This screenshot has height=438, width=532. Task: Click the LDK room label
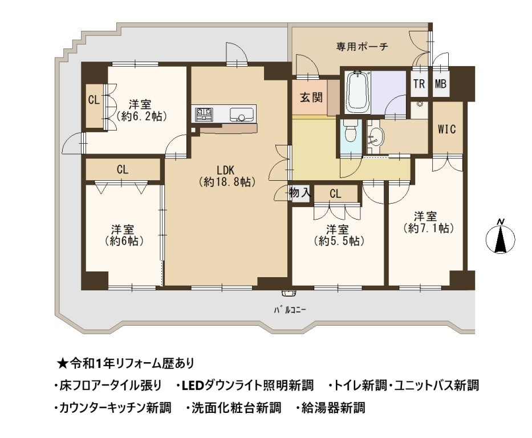(226, 169)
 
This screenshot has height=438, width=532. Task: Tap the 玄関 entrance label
(311, 98)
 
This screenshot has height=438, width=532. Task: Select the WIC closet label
(446, 129)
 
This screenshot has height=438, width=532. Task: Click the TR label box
(419, 83)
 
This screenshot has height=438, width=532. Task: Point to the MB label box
(441, 83)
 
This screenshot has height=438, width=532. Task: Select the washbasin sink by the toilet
(376, 137)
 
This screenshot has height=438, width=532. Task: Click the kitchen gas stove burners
(203, 113)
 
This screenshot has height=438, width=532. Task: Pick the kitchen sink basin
(241, 114)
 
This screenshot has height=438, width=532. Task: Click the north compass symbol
(500, 237)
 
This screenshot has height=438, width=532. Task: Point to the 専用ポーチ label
(362, 46)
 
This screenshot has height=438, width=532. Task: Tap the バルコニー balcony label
(290, 310)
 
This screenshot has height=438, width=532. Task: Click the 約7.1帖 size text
(428, 228)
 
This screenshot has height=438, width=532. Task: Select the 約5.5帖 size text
(339, 241)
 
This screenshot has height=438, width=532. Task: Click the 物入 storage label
(299, 193)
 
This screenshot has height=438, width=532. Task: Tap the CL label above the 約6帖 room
(122, 169)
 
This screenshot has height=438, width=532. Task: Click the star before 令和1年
(62, 364)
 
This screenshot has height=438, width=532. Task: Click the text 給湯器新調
(333, 407)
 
